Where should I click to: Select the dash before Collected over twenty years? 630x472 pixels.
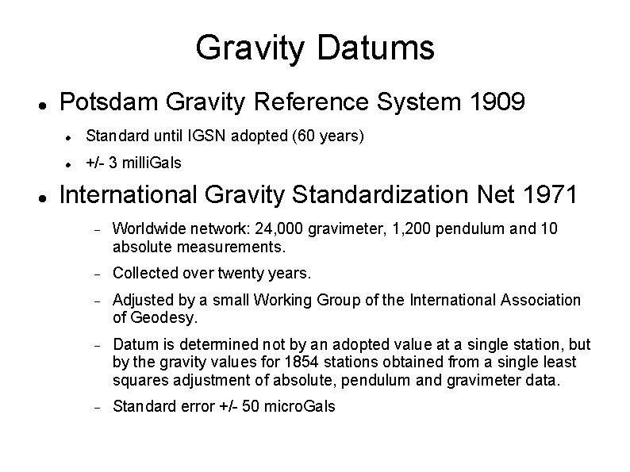(x=94, y=274)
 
